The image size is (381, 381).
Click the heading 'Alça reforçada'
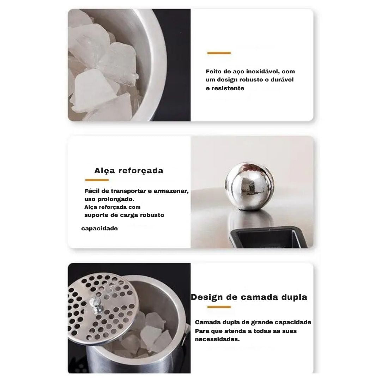129,171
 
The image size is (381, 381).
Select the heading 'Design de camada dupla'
249,297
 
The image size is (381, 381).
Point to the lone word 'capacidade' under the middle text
99,229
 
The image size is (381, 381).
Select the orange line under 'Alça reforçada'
97,180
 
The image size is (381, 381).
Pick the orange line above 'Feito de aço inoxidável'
219,53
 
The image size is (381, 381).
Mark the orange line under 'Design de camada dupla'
219,307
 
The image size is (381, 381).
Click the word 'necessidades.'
217,339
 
